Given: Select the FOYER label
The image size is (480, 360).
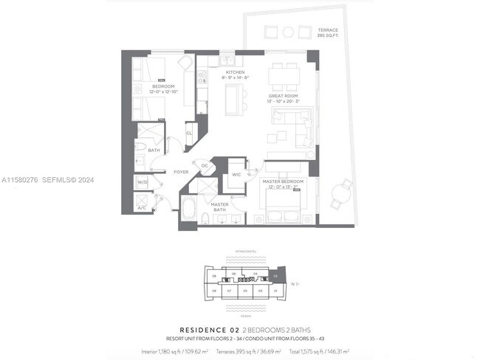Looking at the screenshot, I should (181, 172).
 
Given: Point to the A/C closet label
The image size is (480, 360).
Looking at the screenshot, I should (142, 208).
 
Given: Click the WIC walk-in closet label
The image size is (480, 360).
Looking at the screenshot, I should (236, 175).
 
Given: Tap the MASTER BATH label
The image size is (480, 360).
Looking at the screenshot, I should (219, 207).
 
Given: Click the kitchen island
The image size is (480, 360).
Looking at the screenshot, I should (233, 96).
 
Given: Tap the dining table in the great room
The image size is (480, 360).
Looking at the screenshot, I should (284, 75).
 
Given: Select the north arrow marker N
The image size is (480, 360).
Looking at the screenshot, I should (294, 283).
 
